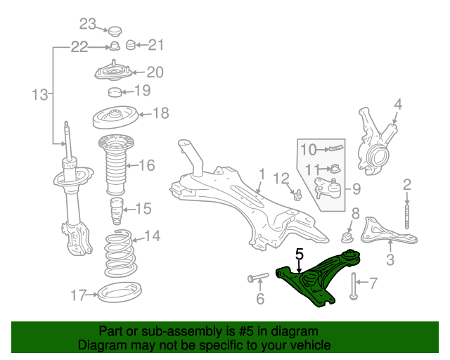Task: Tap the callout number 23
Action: (x=87, y=24)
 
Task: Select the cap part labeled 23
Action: (x=115, y=31)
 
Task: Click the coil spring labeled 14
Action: (x=120, y=254)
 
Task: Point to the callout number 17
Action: (x=78, y=295)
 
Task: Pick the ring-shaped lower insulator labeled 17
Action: (x=120, y=292)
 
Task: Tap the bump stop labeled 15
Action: (x=117, y=212)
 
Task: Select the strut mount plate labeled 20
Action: (x=113, y=72)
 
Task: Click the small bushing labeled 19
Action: (x=115, y=92)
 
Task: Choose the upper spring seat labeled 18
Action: (x=115, y=117)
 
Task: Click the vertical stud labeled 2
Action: (x=407, y=217)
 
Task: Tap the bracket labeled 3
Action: (x=388, y=233)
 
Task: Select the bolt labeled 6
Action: (x=258, y=277)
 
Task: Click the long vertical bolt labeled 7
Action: (x=353, y=286)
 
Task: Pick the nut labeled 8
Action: (x=347, y=237)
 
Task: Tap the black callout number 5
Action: (x=299, y=255)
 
